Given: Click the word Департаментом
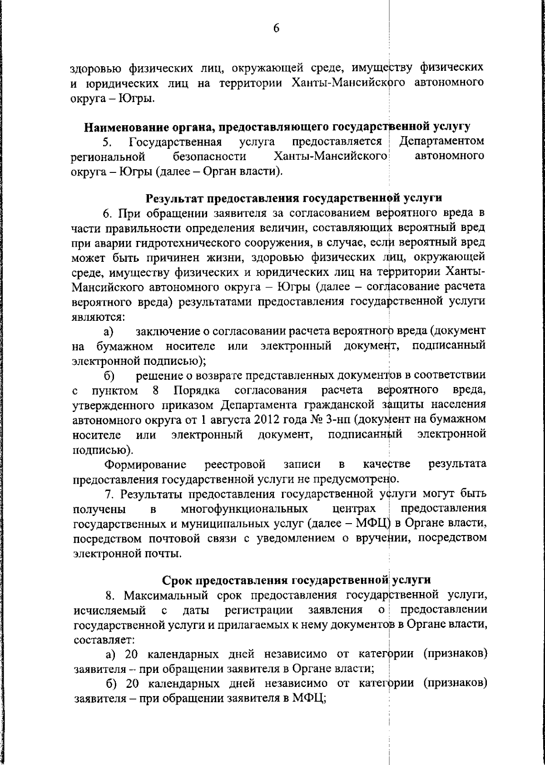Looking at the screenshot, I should point(441,142).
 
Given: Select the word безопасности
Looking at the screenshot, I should point(209,157).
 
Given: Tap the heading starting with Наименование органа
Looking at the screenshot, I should point(277,126).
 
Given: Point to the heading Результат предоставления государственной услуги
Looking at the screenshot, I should point(293,198).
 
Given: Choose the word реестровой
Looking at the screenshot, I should point(235,464).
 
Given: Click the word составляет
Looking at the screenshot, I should point(104,640).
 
